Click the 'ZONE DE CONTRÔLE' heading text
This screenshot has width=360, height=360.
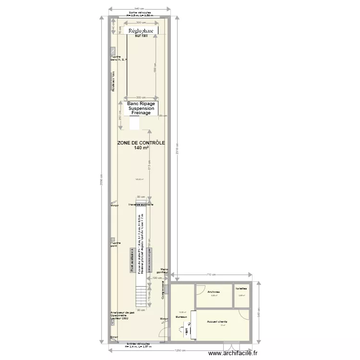click(x=141, y=143)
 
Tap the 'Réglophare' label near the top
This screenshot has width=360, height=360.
click(x=141, y=31)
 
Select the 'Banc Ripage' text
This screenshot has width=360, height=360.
click(x=141, y=103)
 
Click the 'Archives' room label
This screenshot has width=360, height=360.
click(x=214, y=292)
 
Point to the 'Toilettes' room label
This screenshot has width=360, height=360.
click(x=241, y=288)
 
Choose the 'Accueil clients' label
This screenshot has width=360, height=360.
click(x=217, y=322)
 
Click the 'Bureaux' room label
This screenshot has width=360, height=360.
click(x=181, y=317)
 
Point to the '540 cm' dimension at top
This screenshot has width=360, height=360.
click(x=139, y=9)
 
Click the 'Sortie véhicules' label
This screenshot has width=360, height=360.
click(x=140, y=12)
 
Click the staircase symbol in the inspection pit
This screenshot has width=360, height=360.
click(x=141, y=297)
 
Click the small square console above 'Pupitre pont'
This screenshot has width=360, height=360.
click(x=113, y=239)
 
